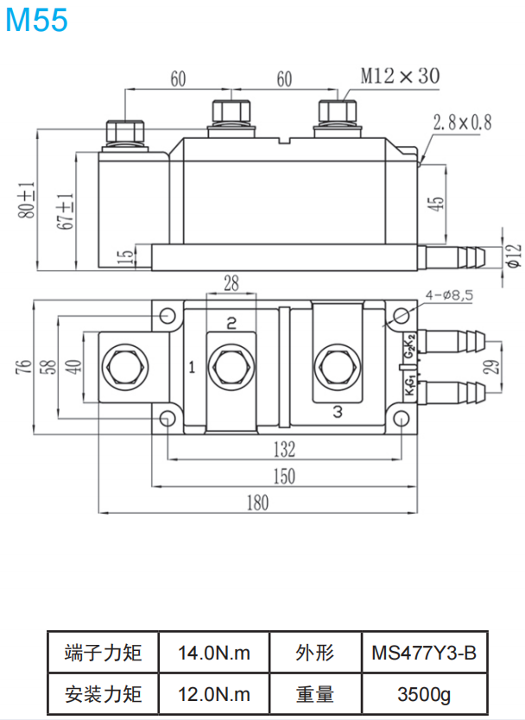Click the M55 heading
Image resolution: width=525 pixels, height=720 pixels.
point(36,20)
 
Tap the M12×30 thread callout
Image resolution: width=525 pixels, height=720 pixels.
point(400,76)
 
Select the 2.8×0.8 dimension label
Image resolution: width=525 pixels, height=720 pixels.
point(462,123)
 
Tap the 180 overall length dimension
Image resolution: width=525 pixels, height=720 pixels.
point(257,502)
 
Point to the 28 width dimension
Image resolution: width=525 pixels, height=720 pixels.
point(231,283)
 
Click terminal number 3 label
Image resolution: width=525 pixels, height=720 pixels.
point(338,412)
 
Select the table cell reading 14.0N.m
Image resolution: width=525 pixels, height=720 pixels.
point(214,653)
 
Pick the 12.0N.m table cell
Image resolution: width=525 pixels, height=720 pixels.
point(214,693)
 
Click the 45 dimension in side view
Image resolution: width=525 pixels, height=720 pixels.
point(436,204)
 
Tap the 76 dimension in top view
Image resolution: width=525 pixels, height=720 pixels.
point(23,366)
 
